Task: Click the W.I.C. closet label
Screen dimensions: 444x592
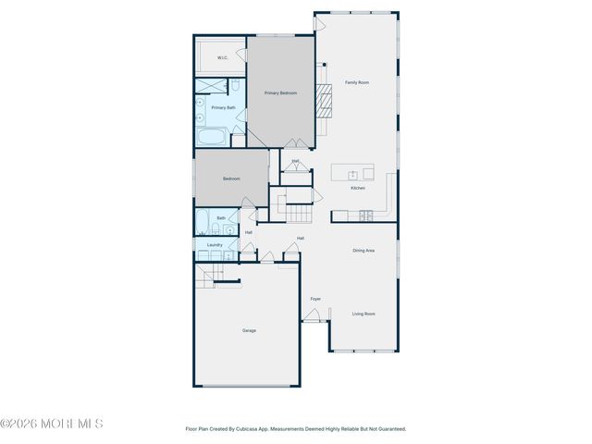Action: pos(222,57)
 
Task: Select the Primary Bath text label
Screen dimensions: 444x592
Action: pos(223,108)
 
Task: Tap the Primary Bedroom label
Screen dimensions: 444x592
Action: pos(280,92)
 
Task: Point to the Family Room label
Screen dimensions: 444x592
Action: pos(357,82)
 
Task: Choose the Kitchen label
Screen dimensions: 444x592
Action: pos(357,188)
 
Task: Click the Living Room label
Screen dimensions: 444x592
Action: pos(364,314)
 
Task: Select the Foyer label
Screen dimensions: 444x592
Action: pos(315,299)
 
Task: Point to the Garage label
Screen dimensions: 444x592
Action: pos(249,330)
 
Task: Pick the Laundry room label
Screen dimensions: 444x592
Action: pos(215,245)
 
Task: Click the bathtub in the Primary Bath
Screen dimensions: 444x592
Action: pos(211,139)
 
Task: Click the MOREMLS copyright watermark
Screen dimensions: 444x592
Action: pos(52,424)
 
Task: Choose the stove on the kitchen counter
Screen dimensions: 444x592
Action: pos(365,216)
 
